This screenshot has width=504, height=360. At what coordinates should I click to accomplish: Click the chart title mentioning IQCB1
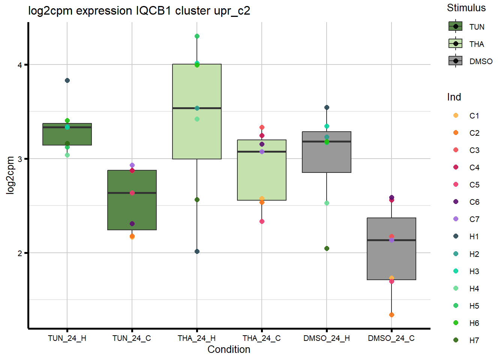pyautogui.click(x=139, y=11)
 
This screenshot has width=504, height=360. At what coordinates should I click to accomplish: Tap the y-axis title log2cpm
pyautogui.click(x=10, y=175)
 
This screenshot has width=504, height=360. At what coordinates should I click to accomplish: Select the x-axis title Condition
pyautogui.click(x=229, y=349)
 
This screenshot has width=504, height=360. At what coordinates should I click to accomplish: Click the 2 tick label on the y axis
pyautogui.click(x=20, y=253)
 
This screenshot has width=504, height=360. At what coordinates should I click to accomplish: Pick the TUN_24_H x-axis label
pyautogui.click(x=67, y=338)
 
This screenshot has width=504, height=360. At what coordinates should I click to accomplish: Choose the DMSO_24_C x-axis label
pyautogui.click(x=391, y=338)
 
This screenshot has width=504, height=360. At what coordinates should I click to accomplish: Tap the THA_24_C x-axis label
pyautogui.click(x=261, y=338)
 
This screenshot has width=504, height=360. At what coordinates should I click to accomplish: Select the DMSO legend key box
pyautogui.click(x=456, y=61)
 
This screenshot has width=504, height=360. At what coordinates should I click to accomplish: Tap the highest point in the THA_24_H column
pyautogui.click(x=197, y=36)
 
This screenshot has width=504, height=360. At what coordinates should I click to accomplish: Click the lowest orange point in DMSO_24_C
pyautogui.click(x=391, y=315)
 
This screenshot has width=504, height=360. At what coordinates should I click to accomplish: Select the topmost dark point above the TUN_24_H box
pyautogui.click(x=67, y=81)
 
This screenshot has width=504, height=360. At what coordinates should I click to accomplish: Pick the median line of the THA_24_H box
pyautogui.click(x=197, y=108)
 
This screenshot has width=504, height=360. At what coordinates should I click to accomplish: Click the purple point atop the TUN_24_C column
pyautogui.click(x=132, y=165)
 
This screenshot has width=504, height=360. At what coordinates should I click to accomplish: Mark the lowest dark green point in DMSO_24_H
pyautogui.click(x=327, y=249)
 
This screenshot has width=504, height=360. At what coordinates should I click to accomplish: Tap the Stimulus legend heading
pyautogui.click(x=466, y=8)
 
